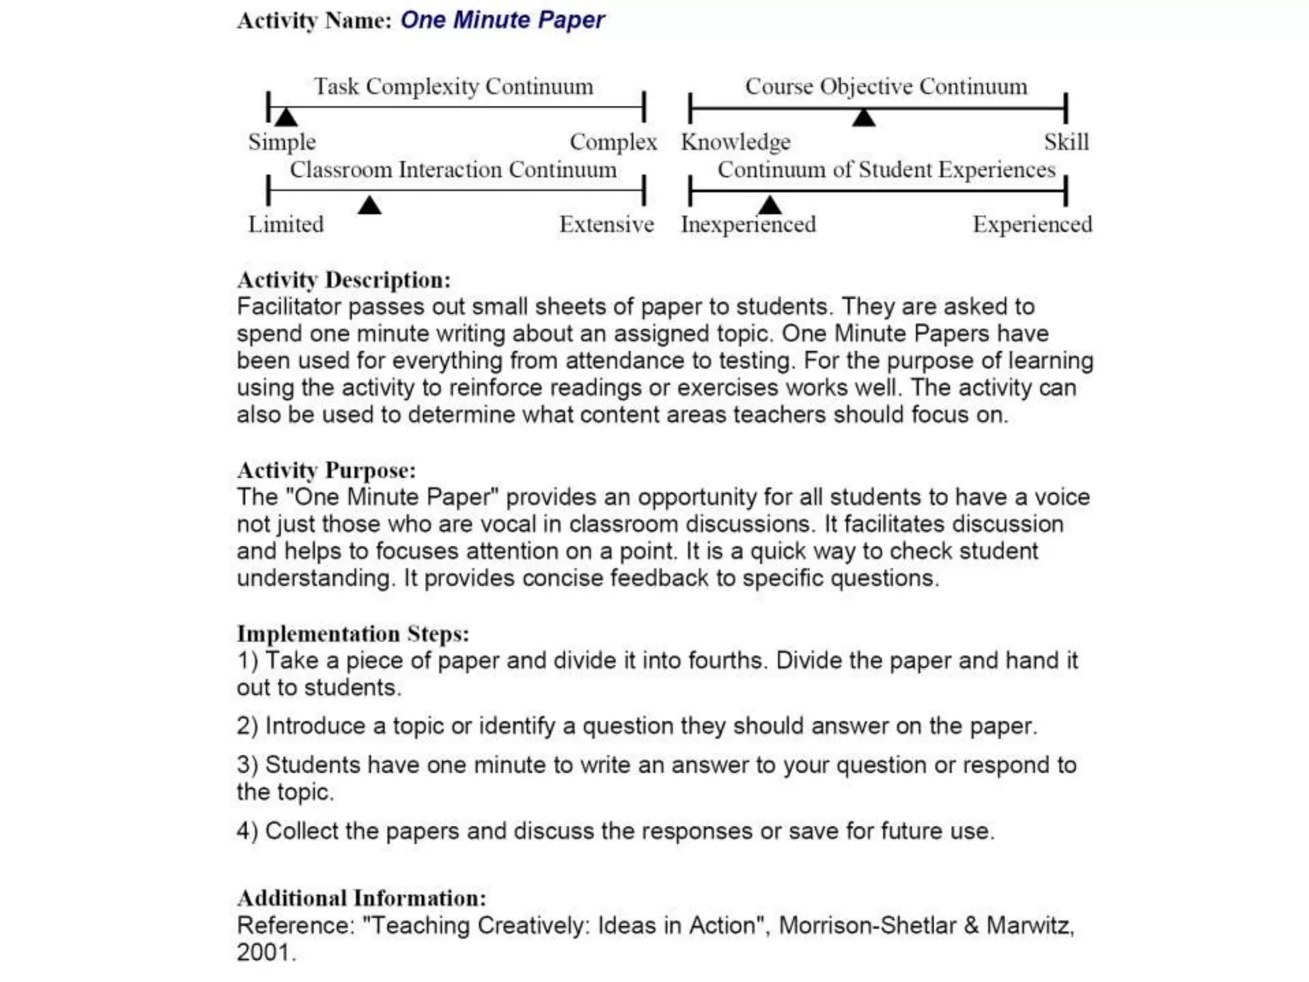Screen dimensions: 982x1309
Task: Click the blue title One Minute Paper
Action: click(502, 20)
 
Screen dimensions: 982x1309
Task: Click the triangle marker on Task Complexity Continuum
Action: click(286, 117)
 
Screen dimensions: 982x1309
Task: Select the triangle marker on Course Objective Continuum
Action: click(864, 118)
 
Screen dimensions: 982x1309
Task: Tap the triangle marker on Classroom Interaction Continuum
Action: click(369, 206)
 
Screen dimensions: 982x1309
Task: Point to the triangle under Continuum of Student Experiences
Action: click(770, 205)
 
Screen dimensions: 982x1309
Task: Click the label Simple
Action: click(282, 142)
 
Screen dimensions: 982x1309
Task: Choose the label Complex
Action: click(613, 142)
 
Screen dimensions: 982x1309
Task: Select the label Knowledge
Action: click(736, 142)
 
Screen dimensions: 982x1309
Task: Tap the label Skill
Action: click(1066, 142)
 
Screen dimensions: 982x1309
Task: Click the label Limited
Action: click(286, 224)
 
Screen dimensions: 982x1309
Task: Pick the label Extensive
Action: click(607, 224)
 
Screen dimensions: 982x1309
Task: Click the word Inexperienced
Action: click(748, 224)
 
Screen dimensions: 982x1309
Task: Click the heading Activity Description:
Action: click(344, 280)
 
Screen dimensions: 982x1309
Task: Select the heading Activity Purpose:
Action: click(326, 471)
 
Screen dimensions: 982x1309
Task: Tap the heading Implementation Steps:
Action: click(353, 634)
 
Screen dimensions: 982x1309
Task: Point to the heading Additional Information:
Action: click(362, 898)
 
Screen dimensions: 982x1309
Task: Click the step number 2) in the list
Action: click(247, 726)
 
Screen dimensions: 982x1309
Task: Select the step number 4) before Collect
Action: click(247, 831)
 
